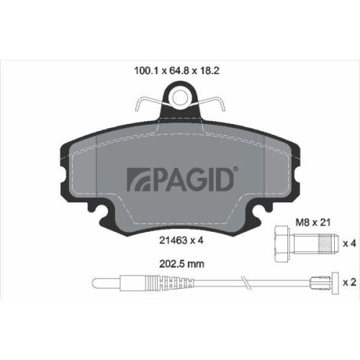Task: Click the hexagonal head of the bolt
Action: coord(280,243)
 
